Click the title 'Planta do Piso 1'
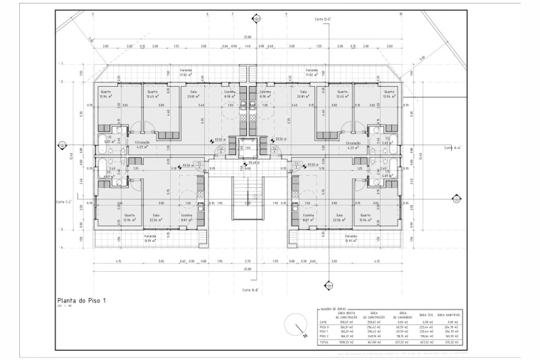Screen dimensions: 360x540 pos(81,302)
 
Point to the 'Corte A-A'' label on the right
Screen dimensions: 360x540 pos(453,148)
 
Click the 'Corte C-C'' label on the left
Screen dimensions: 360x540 pos(64,202)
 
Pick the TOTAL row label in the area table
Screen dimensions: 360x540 pos(324,342)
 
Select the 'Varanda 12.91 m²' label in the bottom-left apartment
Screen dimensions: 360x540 pos(150,238)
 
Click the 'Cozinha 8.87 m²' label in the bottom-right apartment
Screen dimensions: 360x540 pos(308,217)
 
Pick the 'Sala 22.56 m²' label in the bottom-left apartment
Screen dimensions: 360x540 pos(156,217)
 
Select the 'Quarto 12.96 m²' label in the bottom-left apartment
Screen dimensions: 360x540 pos(129,217)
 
